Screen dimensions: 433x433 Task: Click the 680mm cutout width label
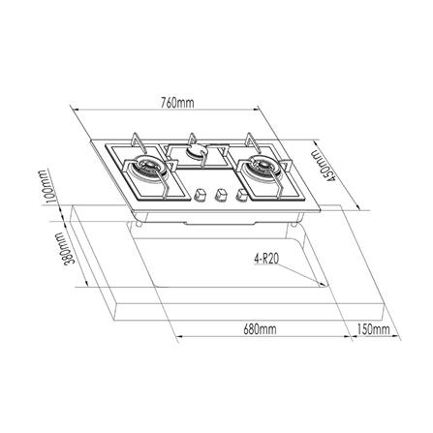(x=259, y=329)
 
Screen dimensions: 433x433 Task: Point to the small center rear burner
(x=197, y=151)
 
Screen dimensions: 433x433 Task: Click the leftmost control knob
(x=201, y=193)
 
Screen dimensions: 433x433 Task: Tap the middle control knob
(x=219, y=193)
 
